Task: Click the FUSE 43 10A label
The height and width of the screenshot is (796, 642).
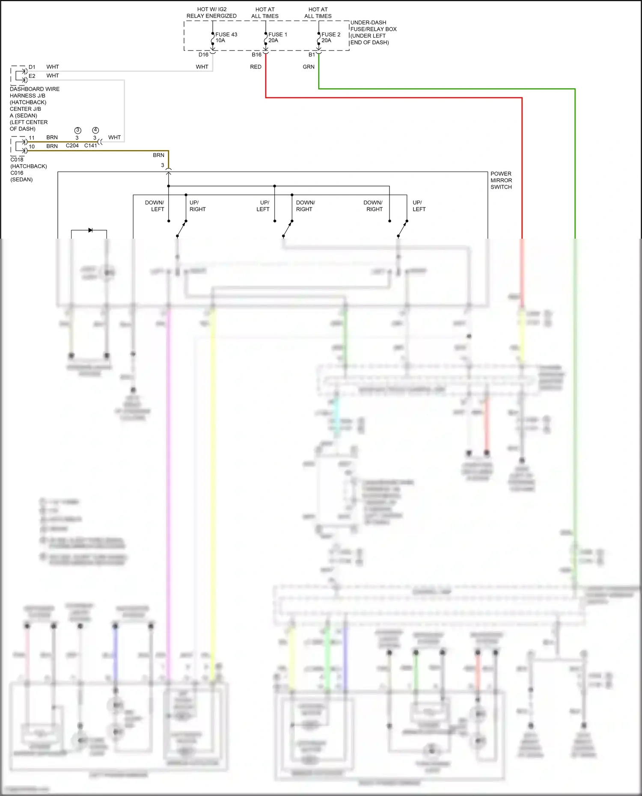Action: pos(226,37)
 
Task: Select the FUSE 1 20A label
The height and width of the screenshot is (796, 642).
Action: pos(277,37)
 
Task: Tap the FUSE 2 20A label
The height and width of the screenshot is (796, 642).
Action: pos(330,37)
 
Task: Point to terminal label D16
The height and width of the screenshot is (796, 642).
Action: pos(203,55)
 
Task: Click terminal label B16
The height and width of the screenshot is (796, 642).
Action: pos(256,55)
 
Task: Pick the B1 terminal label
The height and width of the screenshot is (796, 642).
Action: pos(312,55)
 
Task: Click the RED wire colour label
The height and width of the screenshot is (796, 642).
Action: pos(256,67)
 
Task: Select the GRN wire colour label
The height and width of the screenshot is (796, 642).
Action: pos(309,67)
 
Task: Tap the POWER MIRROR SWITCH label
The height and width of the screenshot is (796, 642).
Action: pos(501,180)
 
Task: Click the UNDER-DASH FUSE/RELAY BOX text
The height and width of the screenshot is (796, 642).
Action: pos(373,32)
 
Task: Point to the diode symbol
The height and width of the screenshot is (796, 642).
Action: pos(90,230)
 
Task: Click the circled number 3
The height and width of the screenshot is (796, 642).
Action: pos(77,130)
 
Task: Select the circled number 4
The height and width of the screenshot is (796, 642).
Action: pos(95,130)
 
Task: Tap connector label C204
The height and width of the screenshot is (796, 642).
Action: pos(72,145)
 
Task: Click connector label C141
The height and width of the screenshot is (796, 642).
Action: pos(91,145)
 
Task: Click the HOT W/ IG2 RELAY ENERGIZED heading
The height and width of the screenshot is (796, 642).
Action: pos(211,12)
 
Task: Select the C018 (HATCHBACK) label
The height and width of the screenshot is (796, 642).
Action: pos(28,163)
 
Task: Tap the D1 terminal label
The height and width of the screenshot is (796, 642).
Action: pos(32,67)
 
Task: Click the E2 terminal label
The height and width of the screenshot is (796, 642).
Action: pos(32,76)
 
